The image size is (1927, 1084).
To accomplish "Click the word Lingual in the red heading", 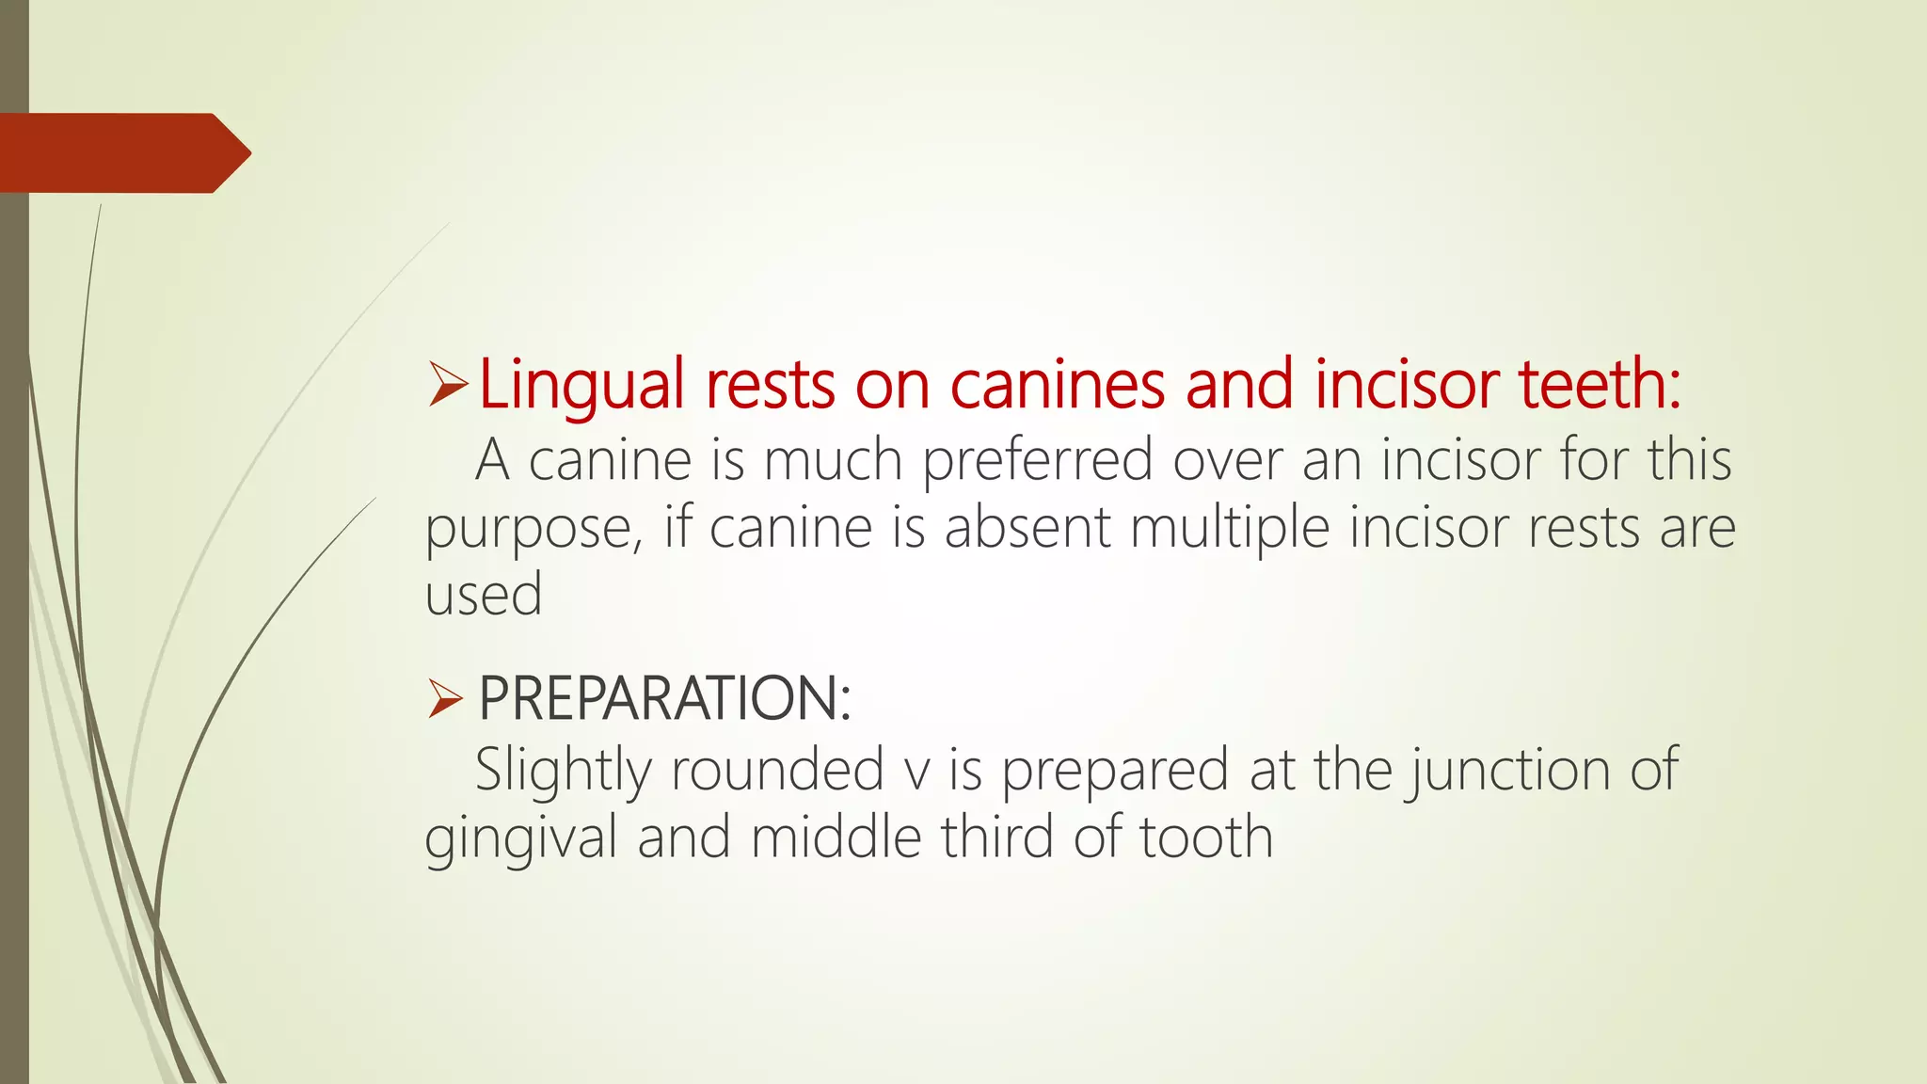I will [581, 385].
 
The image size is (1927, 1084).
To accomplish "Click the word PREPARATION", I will [664, 698].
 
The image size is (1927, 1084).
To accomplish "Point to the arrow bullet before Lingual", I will [448, 385].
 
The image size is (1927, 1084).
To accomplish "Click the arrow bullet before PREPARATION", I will [445, 699].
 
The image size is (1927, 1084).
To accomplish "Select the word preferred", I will [1037, 461].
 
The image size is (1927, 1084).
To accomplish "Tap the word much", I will [833, 461].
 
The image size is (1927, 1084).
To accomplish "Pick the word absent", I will [1027, 529].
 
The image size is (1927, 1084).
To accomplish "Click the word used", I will [484, 596].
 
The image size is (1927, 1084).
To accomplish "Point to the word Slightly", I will [563, 771].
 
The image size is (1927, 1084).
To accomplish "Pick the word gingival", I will [520, 838].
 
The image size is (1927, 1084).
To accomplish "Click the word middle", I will [836, 837].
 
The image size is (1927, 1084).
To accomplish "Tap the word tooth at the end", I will [1206, 837].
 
